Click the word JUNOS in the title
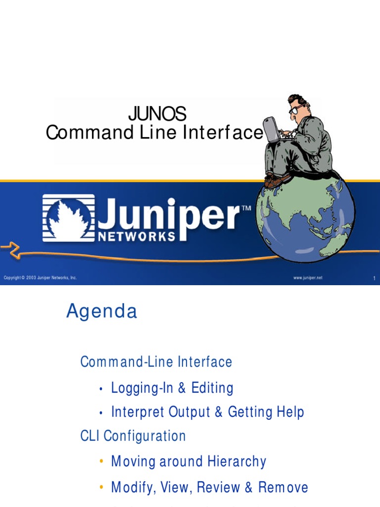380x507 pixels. coord(157,114)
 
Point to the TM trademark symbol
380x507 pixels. coord(245,209)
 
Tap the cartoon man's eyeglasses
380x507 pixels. coord(295,109)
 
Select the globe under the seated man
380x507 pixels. coord(304,218)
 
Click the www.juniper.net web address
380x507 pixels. coord(307,278)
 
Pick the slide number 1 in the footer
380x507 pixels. coord(374,278)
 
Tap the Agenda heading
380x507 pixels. coord(101,311)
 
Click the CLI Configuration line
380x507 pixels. coord(133,436)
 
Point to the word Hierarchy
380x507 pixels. coord(236,461)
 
